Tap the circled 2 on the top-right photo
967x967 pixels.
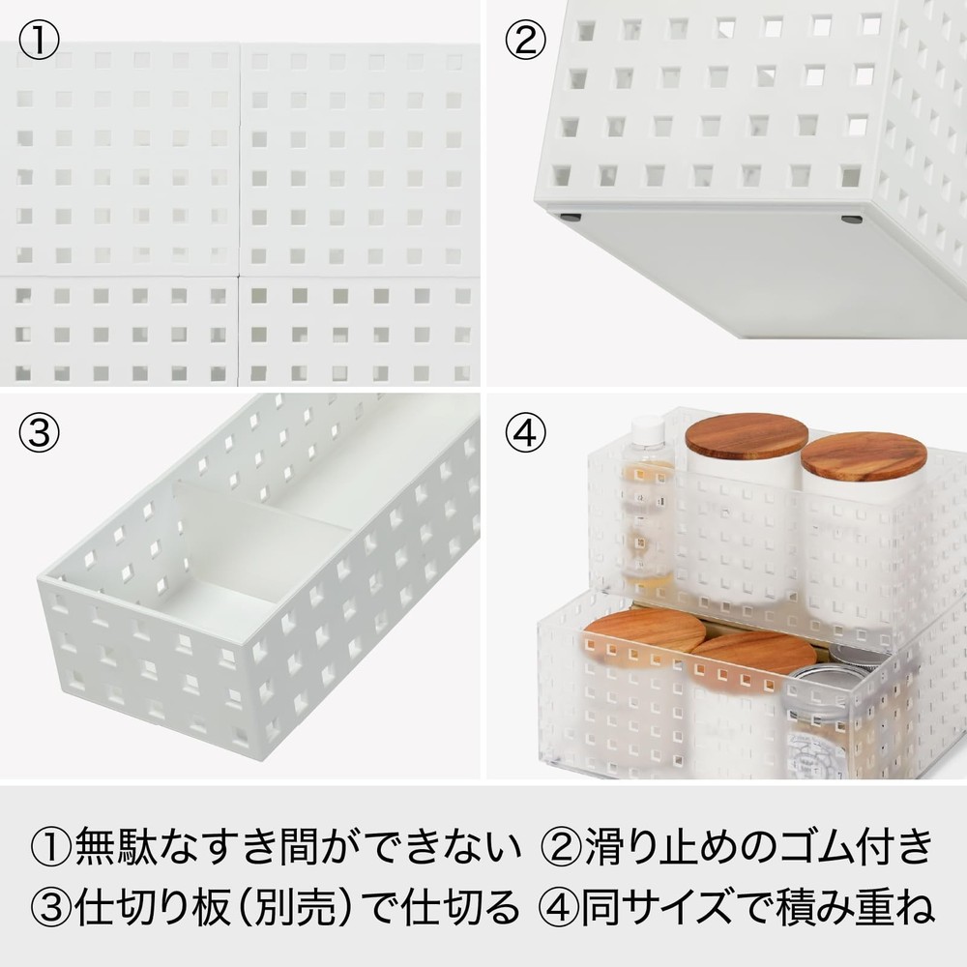(525, 41)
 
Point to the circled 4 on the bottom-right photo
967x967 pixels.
(525, 432)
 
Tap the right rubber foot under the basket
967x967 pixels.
(852, 220)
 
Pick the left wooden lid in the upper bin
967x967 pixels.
(746, 435)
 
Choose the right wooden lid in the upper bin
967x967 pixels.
(864, 455)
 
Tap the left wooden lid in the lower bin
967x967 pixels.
(645, 630)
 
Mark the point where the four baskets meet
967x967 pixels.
(239, 278)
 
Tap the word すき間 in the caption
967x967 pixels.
(261, 848)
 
